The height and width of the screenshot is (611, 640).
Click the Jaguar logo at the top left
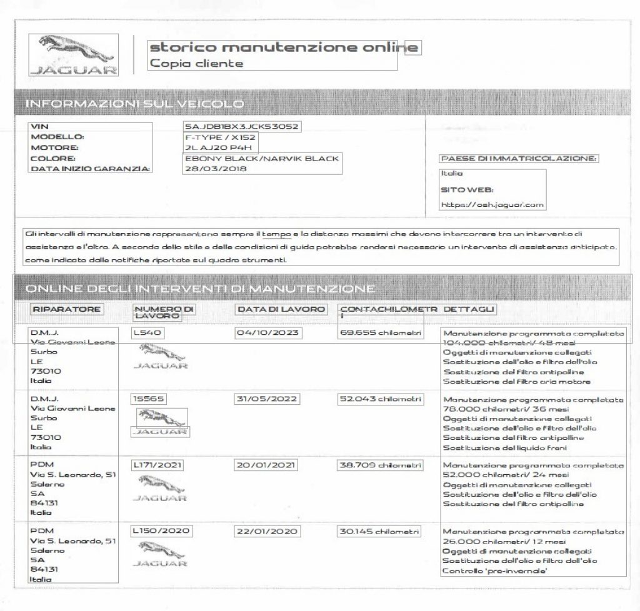click(x=74, y=54)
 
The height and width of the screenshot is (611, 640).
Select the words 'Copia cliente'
click(x=196, y=63)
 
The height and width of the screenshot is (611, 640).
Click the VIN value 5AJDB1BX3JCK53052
click(x=238, y=127)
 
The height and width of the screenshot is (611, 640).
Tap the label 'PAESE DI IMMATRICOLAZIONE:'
click(x=519, y=159)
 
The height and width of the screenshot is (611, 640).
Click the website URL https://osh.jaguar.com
click(x=492, y=204)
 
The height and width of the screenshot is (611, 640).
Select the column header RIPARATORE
click(x=66, y=309)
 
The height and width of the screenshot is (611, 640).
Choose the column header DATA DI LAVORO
click(x=281, y=309)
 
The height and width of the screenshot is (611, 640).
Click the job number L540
click(x=147, y=333)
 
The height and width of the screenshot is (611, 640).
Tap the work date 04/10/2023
click(x=267, y=333)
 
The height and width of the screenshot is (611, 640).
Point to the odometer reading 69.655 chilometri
click(x=379, y=333)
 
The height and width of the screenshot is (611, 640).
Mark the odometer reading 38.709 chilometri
click(x=379, y=465)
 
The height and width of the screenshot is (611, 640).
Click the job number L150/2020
click(x=161, y=532)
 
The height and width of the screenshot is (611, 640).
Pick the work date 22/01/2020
click(x=267, y=532)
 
